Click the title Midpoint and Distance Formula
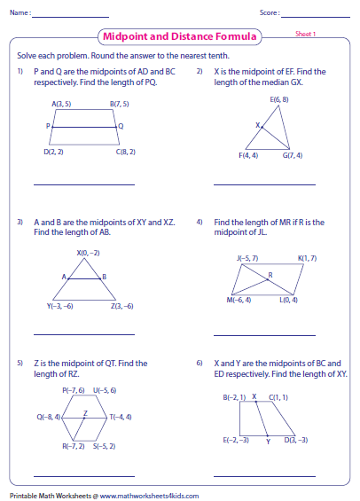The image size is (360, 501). click(x=181, y=37)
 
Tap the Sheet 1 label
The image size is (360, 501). click(x=306, y=34)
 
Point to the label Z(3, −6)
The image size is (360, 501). click(x=121, y=306)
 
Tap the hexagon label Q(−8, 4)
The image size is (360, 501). click(x=49, y=416)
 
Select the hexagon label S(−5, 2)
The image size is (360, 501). click(x=105, y=445)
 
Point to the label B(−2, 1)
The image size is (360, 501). click(x=234, y=397)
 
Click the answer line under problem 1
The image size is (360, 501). click(x=83, y=184)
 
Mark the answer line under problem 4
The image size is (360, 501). click(x=264, y=334)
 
